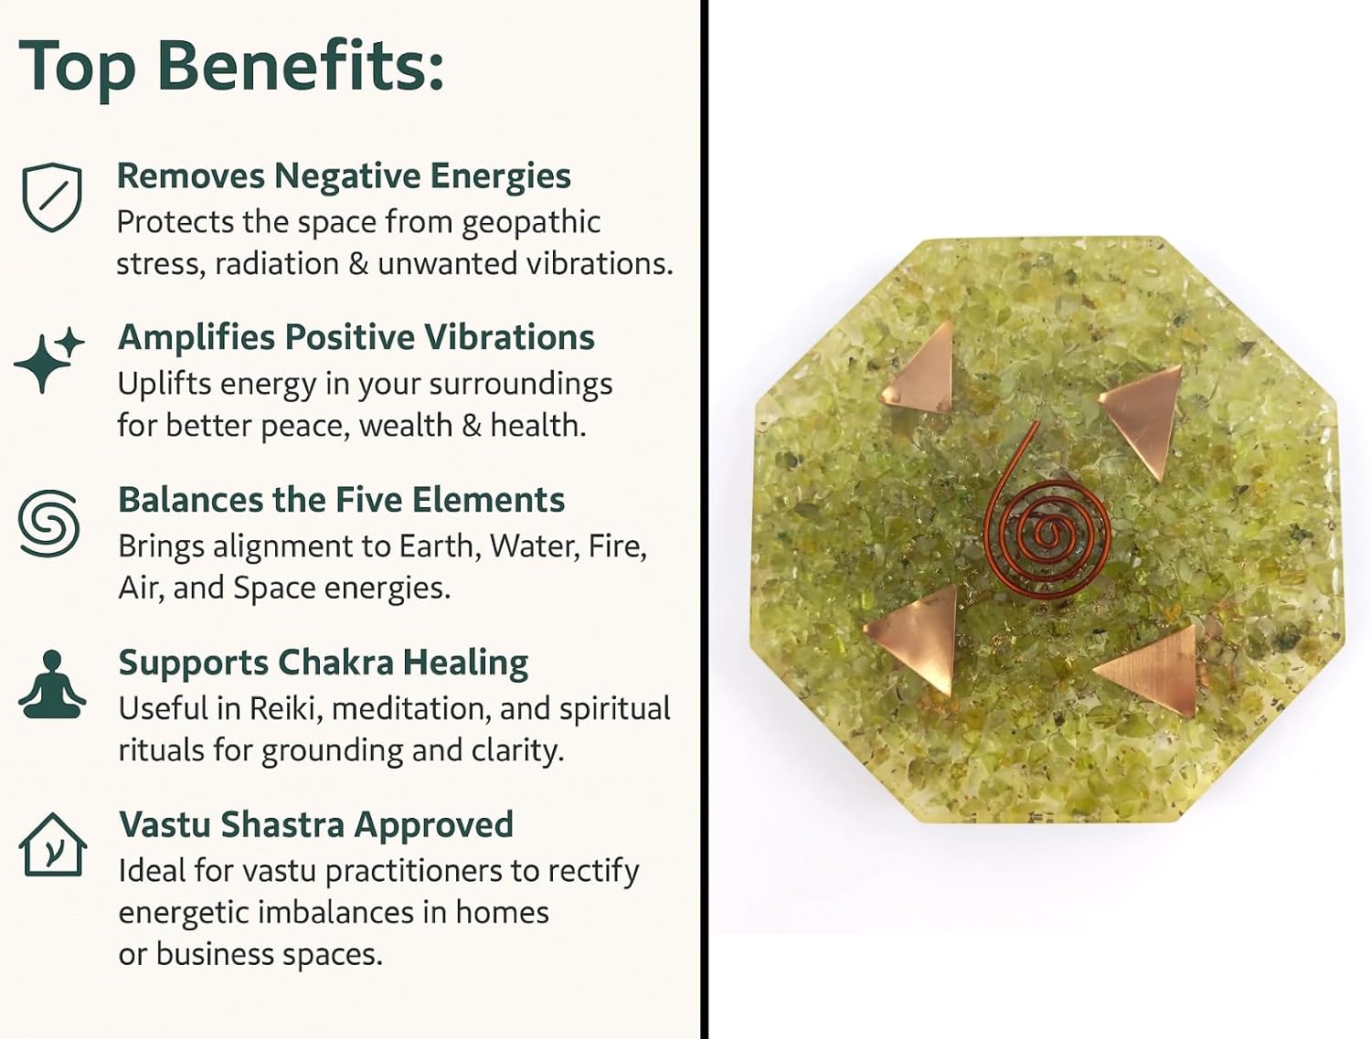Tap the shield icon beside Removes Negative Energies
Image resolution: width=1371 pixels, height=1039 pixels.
click(52, 197)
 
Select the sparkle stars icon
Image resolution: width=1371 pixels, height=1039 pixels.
click(48, 360)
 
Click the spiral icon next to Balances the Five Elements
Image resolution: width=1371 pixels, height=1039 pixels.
click(49, 524)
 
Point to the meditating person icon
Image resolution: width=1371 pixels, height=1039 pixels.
click(52, 685)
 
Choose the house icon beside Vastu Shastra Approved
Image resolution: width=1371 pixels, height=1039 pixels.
click(52, 844)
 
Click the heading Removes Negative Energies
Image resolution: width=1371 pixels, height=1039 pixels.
click(344, 176)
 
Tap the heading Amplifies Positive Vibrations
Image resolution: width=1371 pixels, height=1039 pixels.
click(356, 338)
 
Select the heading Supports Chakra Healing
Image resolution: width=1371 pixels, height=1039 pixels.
click(323, 663)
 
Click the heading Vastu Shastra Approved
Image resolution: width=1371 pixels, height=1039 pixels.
click(316, 825)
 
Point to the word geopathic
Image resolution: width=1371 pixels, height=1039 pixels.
click(531, 224)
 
